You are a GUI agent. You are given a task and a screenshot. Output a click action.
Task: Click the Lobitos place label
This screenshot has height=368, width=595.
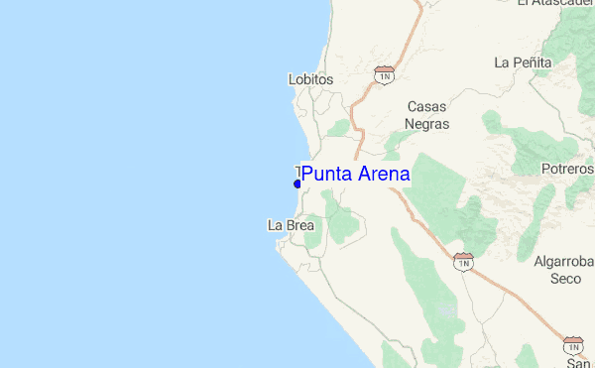(x=309, y=79)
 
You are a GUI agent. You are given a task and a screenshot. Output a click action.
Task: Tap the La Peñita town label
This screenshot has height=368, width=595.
(x=523, y=62)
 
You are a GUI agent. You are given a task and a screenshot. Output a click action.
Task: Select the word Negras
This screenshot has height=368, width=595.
(x=428, y=124)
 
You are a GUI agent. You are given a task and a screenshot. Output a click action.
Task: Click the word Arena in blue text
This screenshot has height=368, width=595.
(x=381, y=175)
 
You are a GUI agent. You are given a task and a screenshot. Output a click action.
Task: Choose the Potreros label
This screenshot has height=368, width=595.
(x=568, y=169)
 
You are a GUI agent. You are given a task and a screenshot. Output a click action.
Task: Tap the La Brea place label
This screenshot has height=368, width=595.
(x=291, y=225)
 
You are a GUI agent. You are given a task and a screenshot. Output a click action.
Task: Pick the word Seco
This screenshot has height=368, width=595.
(x=565, y=279)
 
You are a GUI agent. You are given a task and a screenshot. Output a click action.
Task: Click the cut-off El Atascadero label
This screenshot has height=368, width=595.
(x=555, y=3)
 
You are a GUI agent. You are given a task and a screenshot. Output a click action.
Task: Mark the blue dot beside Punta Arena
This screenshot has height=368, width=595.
(x=297, y=184)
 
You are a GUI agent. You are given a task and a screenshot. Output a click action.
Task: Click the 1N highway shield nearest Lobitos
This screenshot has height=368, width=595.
(x=385, y=74)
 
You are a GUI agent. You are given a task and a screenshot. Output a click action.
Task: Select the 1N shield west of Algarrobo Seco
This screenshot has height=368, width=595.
(x=463, y=261)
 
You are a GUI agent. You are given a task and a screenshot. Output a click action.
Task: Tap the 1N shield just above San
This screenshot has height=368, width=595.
(x=573, y=344)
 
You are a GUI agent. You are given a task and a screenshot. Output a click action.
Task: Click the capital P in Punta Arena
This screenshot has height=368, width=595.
(x=307, y=175)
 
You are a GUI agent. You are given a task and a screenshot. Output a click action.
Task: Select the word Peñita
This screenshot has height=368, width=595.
(x=532, y=62)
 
